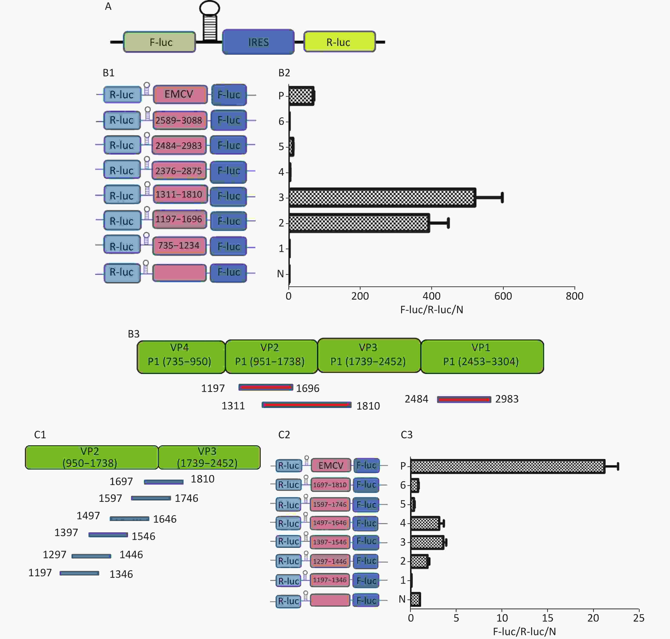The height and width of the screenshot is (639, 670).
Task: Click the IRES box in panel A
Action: [258, 42]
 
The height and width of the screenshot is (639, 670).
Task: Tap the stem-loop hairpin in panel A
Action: [210, 21]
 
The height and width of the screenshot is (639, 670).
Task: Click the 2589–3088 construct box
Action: [180, 120]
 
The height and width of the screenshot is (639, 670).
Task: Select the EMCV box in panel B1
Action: [180, 94]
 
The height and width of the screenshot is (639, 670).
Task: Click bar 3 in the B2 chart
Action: [382, 198]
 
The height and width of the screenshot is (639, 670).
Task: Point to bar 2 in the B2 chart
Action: [359, 223]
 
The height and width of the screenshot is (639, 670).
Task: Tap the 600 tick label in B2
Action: [503, 296]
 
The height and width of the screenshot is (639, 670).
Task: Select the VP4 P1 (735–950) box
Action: [181, 357]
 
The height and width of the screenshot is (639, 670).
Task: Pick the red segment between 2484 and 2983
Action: [464, 399]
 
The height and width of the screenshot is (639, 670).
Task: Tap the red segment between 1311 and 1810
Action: [306, 405]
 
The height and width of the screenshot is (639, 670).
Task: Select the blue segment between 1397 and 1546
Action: [108, 535]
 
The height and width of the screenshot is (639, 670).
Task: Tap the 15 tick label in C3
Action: [547, 618]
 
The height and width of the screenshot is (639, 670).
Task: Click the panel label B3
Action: [134, 334]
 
